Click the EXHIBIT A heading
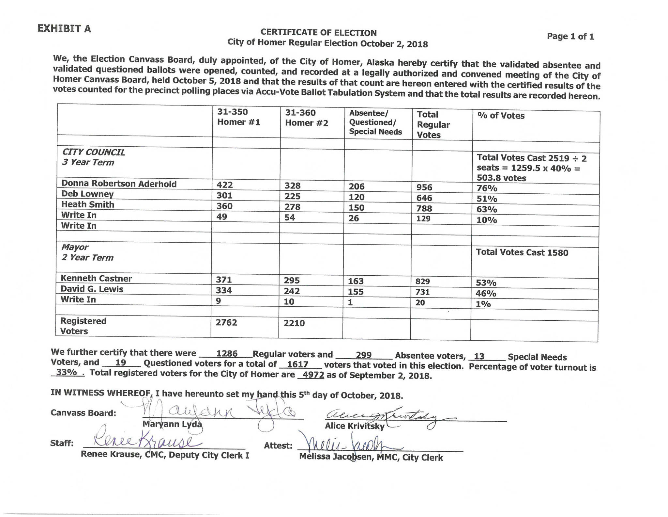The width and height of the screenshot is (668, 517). [64, 29]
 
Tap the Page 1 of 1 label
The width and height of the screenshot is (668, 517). [570, 36]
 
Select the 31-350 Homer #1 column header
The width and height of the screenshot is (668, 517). [238, 117]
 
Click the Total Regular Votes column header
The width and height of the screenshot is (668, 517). [433, 125]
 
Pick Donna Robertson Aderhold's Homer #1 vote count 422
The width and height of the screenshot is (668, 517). [225, 185]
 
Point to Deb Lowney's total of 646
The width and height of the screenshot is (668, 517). [424, 198]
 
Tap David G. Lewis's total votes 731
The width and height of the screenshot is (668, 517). [422, 292]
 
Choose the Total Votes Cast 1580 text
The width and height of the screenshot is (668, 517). [522, 252]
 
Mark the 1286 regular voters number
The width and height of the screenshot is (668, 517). [227, 354]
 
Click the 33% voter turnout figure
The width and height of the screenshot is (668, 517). [67, 372]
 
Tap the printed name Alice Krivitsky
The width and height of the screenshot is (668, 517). [355, 426]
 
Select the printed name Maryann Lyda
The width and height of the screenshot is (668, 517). [172, 424]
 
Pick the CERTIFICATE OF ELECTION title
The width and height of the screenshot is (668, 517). [318, 33]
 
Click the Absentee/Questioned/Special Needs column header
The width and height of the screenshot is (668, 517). [375, 122]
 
